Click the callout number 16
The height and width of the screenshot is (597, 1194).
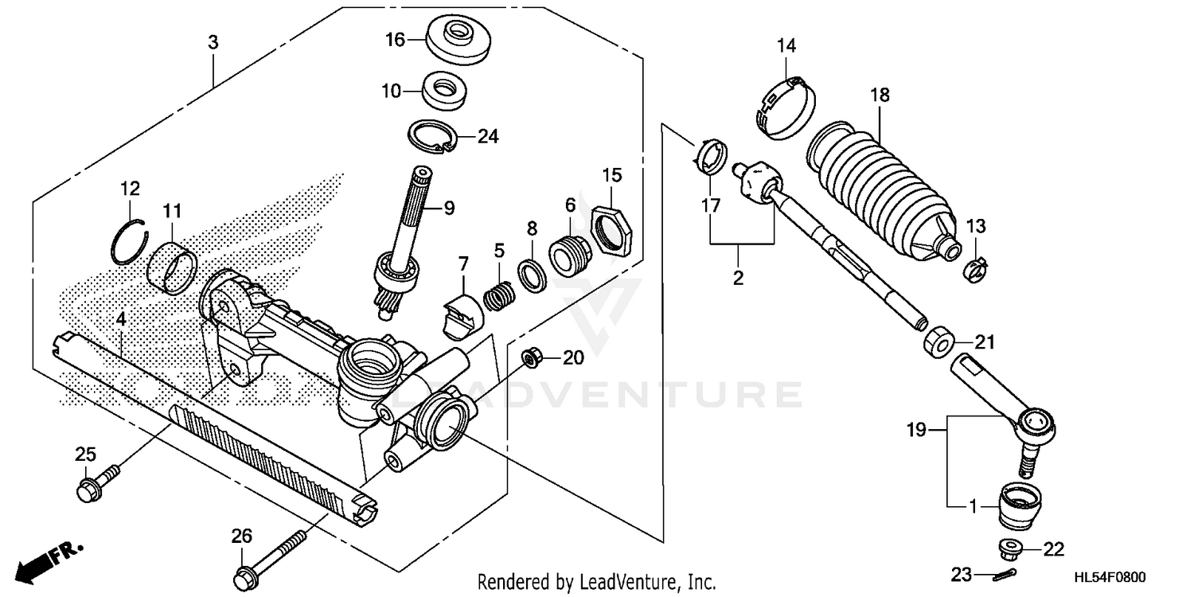396,39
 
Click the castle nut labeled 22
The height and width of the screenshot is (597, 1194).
1011,549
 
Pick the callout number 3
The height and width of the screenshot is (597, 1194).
213,43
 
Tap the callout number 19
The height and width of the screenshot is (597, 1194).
916,431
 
